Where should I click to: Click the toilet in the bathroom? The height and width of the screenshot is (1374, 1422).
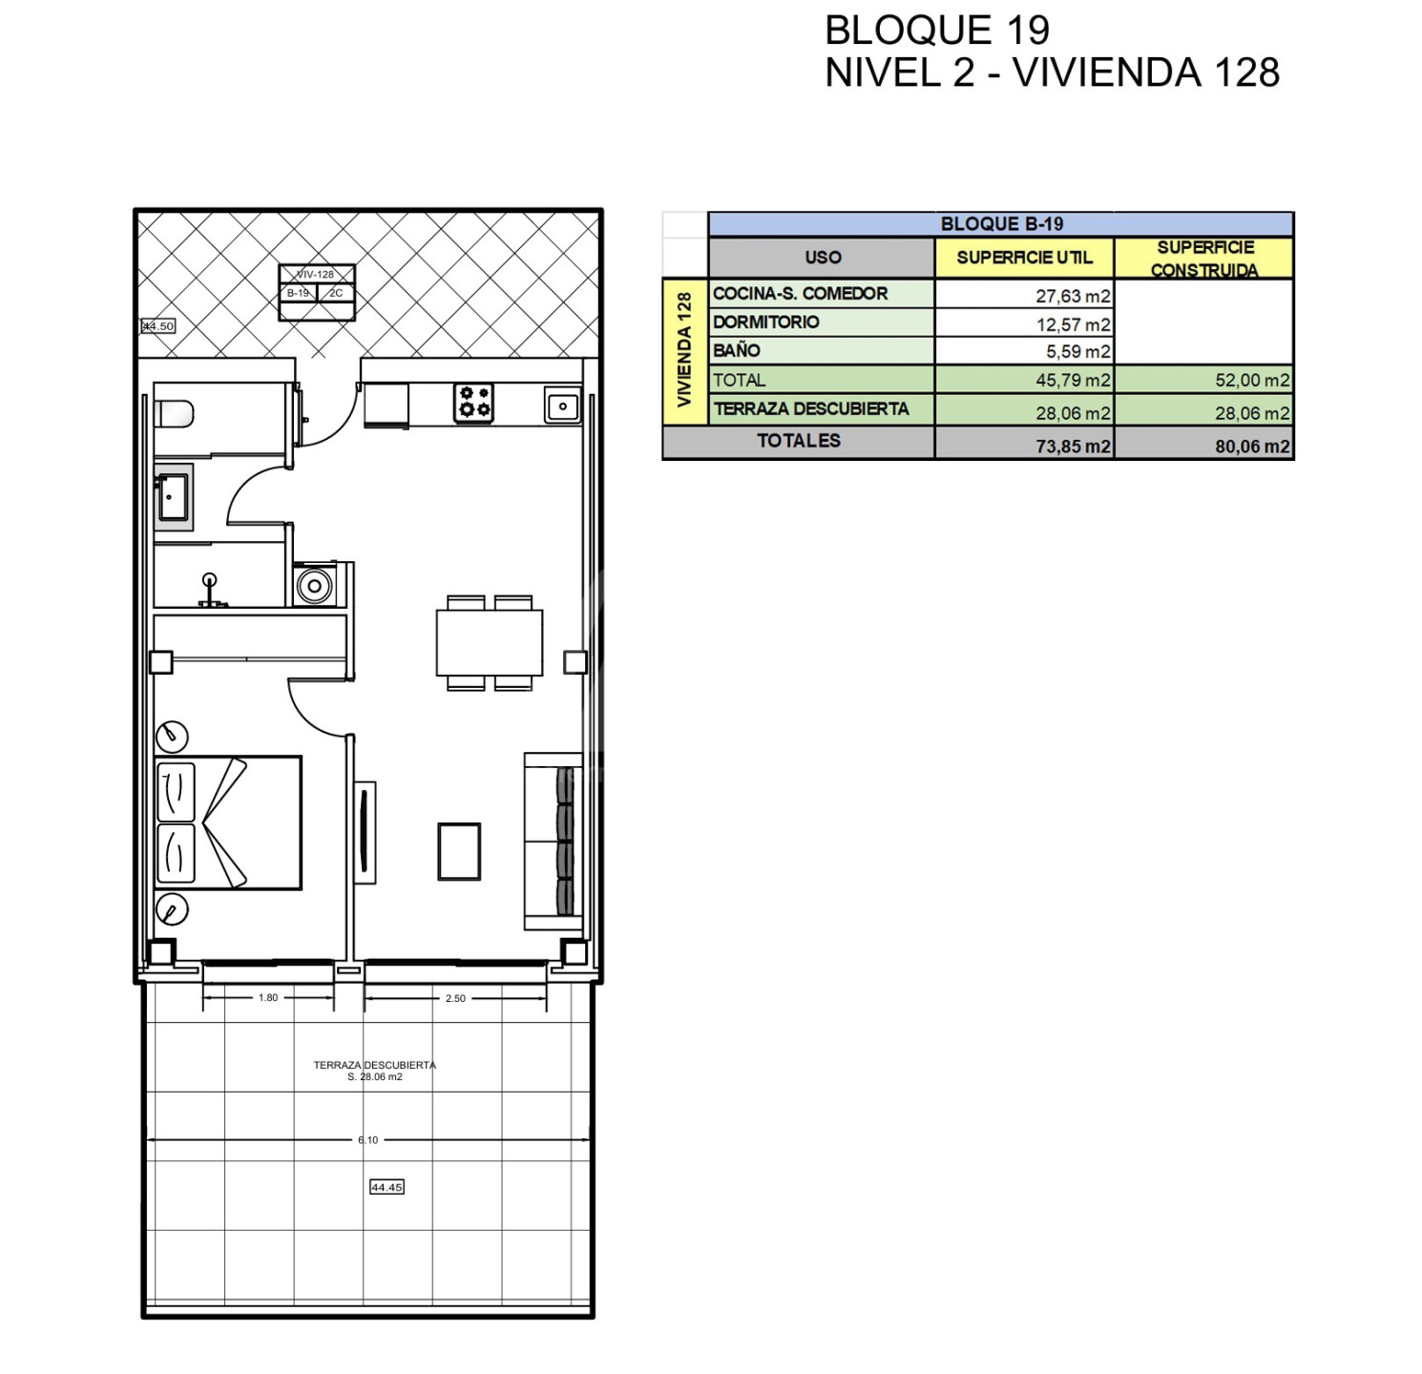coord(175,414)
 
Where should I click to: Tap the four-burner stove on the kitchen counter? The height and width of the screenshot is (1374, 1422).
coord(473,403)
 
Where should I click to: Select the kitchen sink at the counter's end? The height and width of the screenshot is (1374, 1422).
coord(563,406)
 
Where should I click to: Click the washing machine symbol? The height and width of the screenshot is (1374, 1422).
coord(315,585)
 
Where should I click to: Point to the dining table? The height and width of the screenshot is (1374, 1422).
coord(490,642)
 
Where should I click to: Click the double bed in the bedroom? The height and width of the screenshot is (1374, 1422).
coord(228,822)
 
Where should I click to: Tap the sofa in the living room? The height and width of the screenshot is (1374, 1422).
coord(554,841)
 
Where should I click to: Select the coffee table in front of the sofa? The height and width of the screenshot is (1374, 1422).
coord(459,851)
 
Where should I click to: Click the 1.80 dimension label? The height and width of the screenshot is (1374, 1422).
coord(268,998)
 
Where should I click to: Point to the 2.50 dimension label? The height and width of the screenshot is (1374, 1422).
coord(455,999)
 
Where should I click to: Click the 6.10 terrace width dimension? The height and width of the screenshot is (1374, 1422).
coord(368,1139)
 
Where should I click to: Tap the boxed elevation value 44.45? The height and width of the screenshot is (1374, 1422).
coord(387,1187)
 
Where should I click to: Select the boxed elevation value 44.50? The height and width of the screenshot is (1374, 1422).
coord(158,326)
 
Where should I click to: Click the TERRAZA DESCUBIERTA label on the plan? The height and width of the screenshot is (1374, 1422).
coord(374,1065)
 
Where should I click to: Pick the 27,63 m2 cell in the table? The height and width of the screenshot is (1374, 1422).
coord(1073,296)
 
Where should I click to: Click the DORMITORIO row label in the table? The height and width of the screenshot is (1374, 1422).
coord(765,323)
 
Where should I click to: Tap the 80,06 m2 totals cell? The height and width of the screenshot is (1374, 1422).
coord(1252,446)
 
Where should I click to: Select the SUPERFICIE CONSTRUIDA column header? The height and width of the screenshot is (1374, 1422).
coord(1205,259)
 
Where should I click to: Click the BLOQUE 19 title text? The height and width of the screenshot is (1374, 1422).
coord(937,31)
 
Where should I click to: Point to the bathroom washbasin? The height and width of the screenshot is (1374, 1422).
coord(174,496)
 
